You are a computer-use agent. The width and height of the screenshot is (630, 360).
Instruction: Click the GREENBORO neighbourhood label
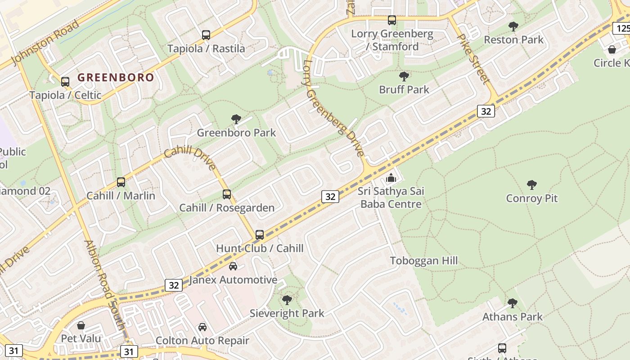(x=116, y=77)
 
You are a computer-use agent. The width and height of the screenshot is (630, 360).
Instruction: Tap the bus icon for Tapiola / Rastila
(x=206, y=35)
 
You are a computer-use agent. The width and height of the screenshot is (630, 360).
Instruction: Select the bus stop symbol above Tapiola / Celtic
(x=65, y=81)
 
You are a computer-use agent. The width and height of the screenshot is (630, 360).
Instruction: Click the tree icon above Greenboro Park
(x=236, y=119)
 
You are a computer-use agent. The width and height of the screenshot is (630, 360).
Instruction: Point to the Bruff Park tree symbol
(x=404, y=76)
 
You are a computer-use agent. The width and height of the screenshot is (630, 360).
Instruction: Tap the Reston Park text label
(x=513, y=40)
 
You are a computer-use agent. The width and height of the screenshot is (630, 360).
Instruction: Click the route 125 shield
(x=622, y=28)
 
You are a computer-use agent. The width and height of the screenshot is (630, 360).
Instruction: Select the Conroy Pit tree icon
(x=532, y=184)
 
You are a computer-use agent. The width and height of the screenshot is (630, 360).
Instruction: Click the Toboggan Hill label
(x=423, y=261)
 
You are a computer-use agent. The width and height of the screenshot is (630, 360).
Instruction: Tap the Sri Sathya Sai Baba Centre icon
(x=391, y=178)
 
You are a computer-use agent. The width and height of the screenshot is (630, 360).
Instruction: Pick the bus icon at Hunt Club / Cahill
(x=260, y=234)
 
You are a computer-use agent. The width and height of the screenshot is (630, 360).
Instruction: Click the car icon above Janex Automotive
(x=233, y=266)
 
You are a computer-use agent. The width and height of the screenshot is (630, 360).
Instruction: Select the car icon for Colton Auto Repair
(x=202, y=327)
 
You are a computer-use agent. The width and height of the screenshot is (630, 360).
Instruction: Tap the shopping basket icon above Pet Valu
(x=81, y=325)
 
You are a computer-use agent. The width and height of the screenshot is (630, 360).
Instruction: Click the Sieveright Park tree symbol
(x=287, y=300)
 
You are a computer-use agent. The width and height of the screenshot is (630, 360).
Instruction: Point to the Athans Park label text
(x=513, y=317)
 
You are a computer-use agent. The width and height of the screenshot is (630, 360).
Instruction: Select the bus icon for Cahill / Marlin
(x=121, y=182)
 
